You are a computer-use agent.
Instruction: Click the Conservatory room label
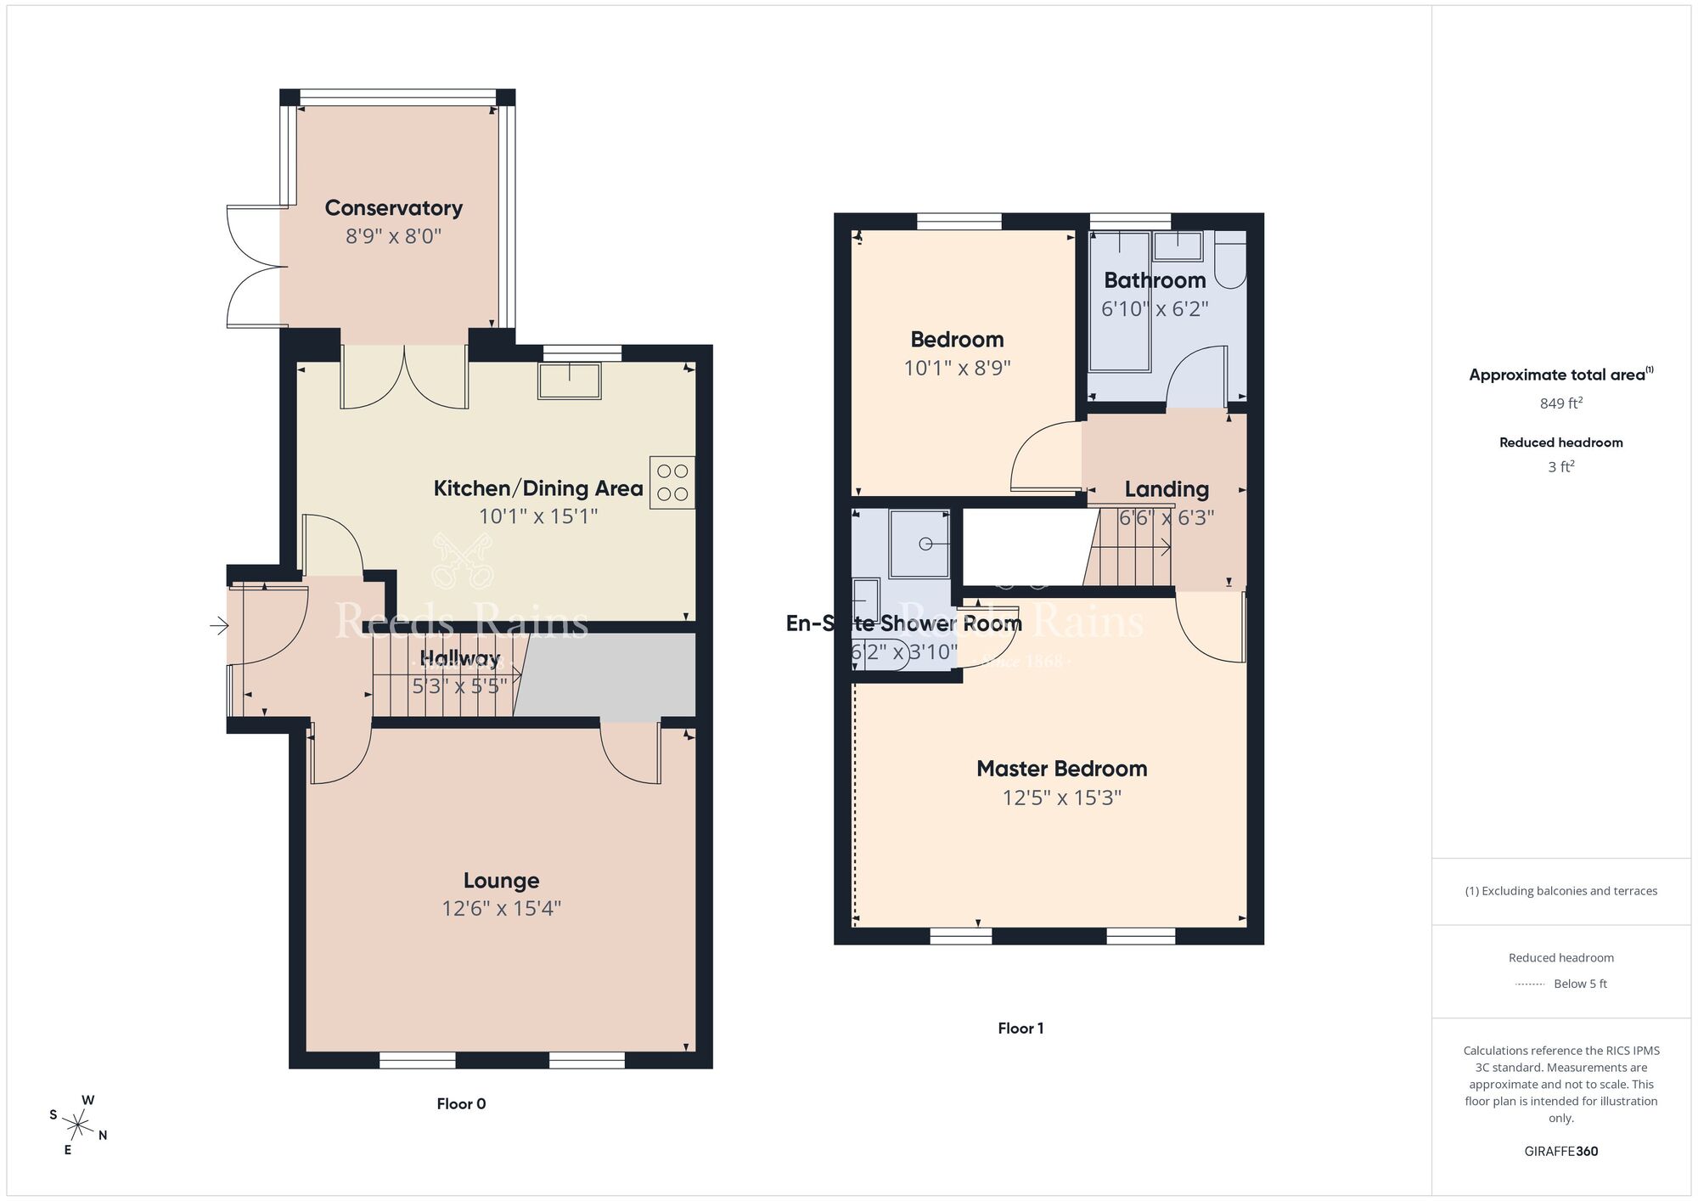pos(393,208)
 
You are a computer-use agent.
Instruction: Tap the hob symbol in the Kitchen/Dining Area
pos(672,482)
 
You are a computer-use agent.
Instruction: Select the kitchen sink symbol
pos(569,380)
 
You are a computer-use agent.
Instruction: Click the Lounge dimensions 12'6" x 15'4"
pos(501,909)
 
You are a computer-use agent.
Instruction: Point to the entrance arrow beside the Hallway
pos(219,626)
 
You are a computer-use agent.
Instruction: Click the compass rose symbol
pos(78,1126)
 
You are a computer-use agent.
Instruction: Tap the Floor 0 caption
pos(461,1103)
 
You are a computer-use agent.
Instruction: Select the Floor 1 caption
pos(1020,1028)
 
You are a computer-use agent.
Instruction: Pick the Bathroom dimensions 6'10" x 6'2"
pos(1154,309)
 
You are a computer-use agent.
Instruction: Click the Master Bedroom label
pos(1061,769)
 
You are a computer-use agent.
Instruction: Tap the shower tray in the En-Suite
pos(919,544)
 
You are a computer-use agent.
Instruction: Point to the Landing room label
pos(1166,489)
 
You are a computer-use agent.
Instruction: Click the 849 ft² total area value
pos(1560,403)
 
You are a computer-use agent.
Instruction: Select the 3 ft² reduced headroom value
pos(1560,467)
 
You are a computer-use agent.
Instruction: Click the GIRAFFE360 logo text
pos(1560,1151)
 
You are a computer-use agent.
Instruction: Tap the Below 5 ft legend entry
pos(1579,984)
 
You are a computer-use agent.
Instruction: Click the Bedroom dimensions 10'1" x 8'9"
pos(957,369)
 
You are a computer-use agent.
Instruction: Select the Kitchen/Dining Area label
pos(537,488)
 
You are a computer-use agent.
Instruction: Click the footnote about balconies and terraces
pos(1560,891)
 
